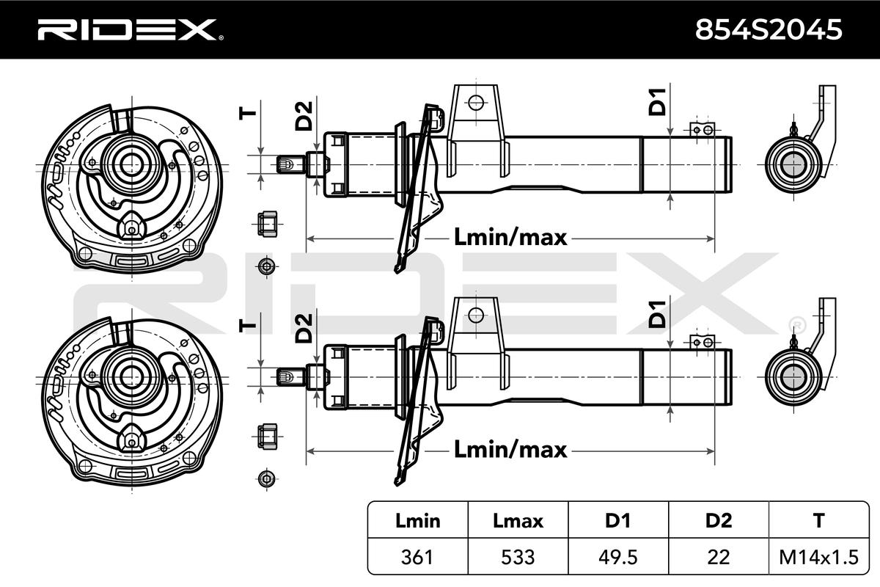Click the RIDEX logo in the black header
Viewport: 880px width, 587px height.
130,30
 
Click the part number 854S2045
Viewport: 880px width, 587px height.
769,29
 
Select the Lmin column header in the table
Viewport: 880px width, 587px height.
417,520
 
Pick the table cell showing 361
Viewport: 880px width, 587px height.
417,557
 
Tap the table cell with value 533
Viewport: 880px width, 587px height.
518,557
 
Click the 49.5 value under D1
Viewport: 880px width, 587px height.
618,557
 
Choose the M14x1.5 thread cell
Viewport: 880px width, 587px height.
818,557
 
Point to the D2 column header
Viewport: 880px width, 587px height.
719,520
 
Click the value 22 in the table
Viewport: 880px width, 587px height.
719,557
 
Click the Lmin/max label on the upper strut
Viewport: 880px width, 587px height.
510,237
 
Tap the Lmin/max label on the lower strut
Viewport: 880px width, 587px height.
510,449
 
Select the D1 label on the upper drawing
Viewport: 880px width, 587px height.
657,102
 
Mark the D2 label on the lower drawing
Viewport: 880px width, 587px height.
304,328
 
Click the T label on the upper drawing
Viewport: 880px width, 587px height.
248,114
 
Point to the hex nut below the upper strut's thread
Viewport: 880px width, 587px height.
267,224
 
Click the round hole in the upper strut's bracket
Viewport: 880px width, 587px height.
476,103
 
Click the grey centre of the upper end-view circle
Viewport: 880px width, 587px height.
793,165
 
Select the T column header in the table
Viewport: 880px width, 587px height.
818,520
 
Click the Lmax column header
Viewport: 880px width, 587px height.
518,520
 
